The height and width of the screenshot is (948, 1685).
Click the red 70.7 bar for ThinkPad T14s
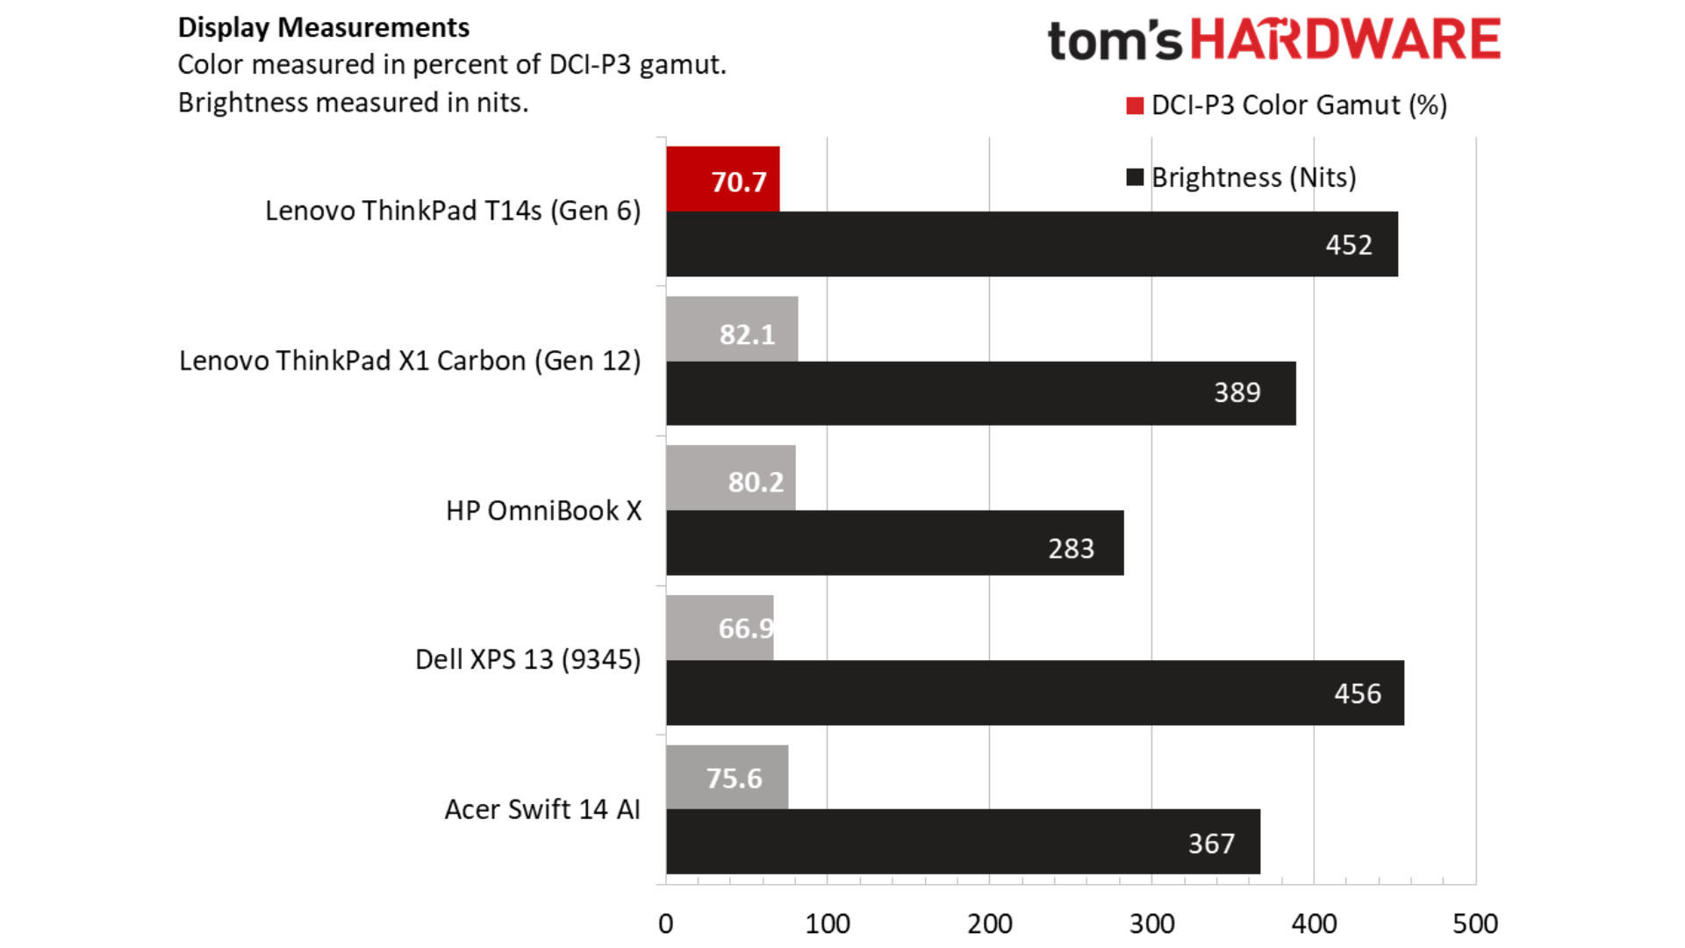722,179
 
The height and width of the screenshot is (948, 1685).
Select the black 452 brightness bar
1031,244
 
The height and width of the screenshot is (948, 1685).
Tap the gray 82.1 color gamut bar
732,329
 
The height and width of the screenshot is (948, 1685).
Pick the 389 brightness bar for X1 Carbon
980,393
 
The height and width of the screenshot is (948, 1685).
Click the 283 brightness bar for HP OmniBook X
894,543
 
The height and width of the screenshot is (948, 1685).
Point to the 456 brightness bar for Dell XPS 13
1035,693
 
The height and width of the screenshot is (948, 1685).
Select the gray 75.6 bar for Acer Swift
727,777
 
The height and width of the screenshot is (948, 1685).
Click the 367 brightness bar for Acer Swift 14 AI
963,842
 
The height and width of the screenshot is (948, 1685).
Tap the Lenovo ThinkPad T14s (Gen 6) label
453,211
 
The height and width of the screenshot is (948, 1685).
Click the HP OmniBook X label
543,511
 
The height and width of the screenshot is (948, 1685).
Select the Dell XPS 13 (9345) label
527,659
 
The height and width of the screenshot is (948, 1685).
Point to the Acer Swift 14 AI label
542,809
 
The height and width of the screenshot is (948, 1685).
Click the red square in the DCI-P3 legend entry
1135,106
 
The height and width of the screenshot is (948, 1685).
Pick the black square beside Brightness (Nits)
1135,178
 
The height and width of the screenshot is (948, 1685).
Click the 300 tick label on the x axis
1151,923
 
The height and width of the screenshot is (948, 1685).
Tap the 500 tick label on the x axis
1475,923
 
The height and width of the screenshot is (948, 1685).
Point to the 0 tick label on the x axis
666,923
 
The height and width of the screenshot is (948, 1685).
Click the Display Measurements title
324,27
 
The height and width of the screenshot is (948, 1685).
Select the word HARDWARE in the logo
1344,40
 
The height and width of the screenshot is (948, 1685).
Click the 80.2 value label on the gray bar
756,482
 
